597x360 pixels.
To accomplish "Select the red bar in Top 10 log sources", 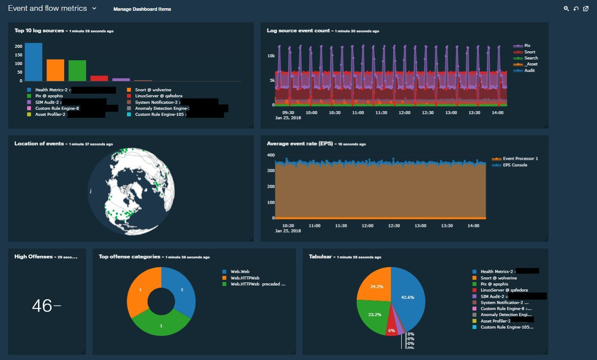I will [x=99, y=78].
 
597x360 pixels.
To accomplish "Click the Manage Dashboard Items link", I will [x=142, y=9].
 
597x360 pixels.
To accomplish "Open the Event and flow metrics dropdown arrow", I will [x=94, y=8].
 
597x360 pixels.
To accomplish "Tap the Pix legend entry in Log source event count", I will [x=527, y=46].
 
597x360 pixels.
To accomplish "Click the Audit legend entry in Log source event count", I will [x=529, y=70].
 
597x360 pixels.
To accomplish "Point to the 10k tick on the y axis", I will [x=271, y=56].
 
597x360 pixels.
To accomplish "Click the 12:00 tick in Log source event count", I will [x=404, y=112].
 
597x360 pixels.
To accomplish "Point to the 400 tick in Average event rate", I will [x=271, y=155].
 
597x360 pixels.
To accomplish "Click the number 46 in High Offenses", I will [x=42, y=306].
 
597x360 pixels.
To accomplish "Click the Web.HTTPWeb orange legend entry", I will [x=244, y=278].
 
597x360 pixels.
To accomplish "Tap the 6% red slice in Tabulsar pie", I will [x=392, y=328].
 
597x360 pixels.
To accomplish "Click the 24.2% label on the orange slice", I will [x=377, y=286].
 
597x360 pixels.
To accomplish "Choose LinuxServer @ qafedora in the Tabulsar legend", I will [x=504, y=290].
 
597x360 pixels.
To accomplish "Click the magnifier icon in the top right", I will [x=566, y=9].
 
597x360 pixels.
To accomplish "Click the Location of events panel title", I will [x=39, y=144].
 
